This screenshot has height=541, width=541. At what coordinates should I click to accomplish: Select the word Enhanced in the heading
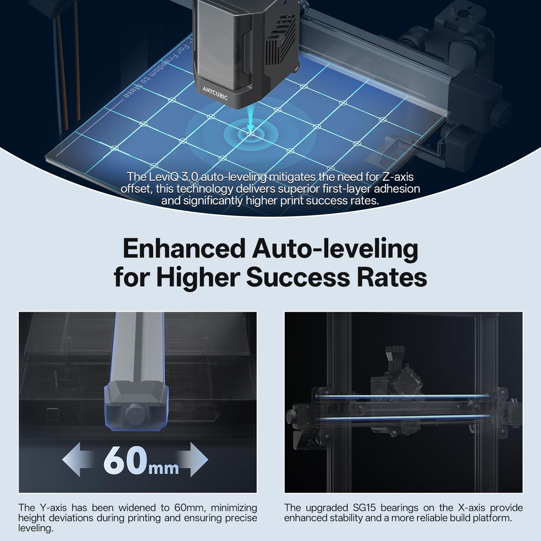184,249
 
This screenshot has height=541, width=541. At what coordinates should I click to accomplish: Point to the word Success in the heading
298,277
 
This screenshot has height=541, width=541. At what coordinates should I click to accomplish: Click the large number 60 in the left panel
125,461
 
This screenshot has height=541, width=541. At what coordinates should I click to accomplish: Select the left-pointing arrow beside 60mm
77,460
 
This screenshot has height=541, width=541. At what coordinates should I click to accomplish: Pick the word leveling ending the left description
36,528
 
